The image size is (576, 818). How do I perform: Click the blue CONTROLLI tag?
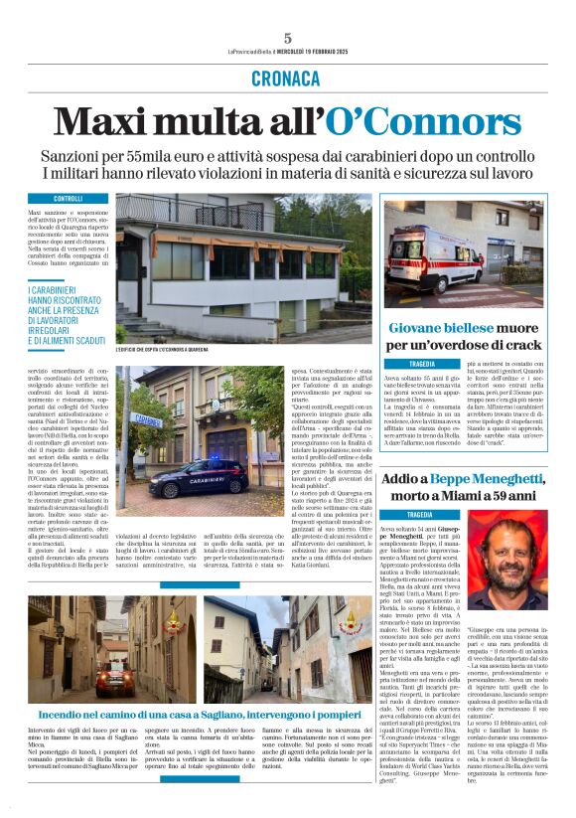[x=68, y=199]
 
